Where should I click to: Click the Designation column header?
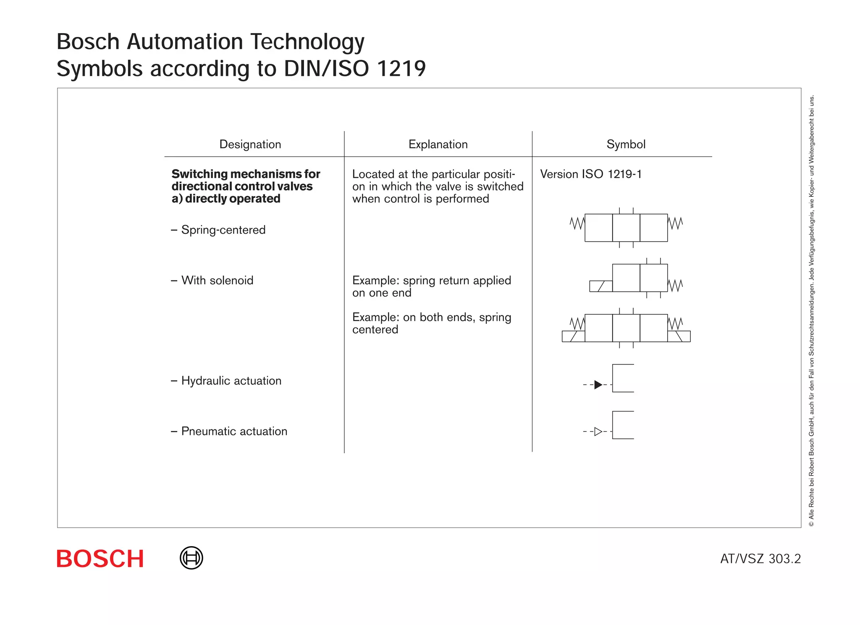pos(250,144)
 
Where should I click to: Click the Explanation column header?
pos(438,144)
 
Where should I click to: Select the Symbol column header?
pos(626,144)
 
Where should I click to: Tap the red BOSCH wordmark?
pos(100,559)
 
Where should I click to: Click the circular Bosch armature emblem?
pos(191,558)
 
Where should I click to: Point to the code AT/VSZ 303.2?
pos(760,559)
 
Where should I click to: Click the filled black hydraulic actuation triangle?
pos(598,384)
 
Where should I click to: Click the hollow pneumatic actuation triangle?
pos(598,431)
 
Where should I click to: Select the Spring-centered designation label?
pos(223,230)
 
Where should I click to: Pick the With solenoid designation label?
pos(217,280)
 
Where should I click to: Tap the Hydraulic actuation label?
pos(231,381)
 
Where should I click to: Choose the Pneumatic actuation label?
pos(234,431)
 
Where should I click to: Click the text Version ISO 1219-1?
pos(591,174)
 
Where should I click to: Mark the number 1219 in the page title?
pos(401,68)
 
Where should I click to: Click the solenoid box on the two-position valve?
pos(601,286)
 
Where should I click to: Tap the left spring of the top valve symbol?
pos(577,223)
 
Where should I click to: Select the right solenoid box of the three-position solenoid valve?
pos(679,336)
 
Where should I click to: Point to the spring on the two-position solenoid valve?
pos(675,286)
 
